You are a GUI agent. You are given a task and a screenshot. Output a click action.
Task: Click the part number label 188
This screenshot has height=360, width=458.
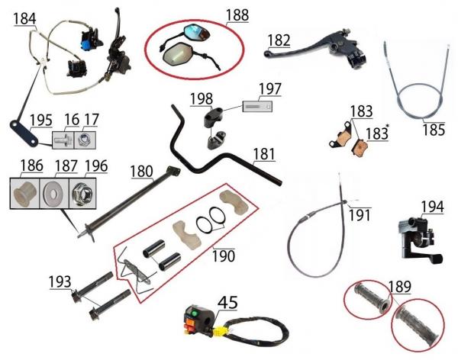point(237,15)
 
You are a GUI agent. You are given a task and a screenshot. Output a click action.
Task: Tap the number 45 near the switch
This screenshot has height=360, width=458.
point(227,303)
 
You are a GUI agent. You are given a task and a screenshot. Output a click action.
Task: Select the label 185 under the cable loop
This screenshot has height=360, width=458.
point(434,130)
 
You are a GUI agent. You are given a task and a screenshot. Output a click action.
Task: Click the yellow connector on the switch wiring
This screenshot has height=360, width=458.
point(217,331)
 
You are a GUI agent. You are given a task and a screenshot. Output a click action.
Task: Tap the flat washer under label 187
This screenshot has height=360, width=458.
point(53,193)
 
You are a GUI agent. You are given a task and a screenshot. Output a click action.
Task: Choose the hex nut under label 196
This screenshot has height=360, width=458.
point(82,194)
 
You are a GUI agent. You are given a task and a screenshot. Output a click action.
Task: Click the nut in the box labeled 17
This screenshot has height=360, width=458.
point(85,140)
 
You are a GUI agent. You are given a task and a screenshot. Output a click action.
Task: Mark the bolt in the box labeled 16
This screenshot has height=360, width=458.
point(64,140)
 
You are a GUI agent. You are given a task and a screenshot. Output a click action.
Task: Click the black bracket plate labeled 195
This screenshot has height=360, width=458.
point(24,133)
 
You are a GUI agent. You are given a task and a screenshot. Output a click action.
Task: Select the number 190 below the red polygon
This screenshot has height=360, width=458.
point(223,256)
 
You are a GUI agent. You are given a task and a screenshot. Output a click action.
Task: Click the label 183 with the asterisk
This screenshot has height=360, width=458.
point(377,133)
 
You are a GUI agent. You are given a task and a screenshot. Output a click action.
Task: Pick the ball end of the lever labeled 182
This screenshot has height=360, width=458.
point(267,53)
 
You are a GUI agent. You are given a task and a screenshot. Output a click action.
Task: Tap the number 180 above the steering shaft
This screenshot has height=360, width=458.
point(141,171)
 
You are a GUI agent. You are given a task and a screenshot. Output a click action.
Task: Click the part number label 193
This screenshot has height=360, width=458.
point(60,281)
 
